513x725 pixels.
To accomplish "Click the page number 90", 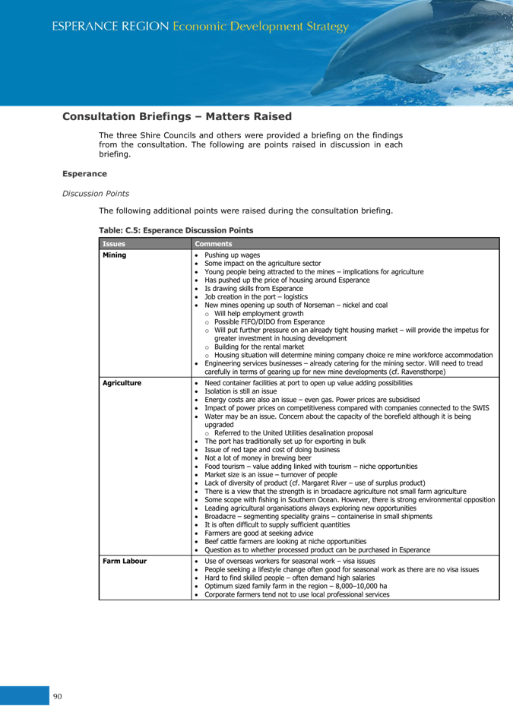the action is coord(57,696).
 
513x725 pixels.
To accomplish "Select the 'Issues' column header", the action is coord(114,244).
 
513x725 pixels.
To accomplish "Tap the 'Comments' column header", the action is coord(214,244).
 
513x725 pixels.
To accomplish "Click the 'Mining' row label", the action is coord(114,255).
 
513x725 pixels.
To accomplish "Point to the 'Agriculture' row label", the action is coord(122,383).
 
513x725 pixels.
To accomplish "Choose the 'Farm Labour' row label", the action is coord(125,561).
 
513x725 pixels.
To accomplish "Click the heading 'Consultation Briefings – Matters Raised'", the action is coord(177,116).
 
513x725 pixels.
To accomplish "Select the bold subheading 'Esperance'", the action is coord(84,174).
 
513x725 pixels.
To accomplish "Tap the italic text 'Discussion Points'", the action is coord(96,194).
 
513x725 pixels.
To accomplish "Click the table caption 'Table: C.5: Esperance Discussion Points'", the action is coord(176,230).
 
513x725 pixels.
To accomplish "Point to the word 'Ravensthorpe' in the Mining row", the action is coord(423,372).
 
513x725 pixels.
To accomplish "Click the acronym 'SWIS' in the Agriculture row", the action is coord(480,408).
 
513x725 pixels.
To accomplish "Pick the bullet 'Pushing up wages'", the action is coord(233,255).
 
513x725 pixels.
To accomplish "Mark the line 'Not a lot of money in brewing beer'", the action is coord(258,457).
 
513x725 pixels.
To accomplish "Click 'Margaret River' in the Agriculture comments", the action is coord(324,483).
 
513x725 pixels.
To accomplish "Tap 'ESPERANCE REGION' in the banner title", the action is coord(110,27).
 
